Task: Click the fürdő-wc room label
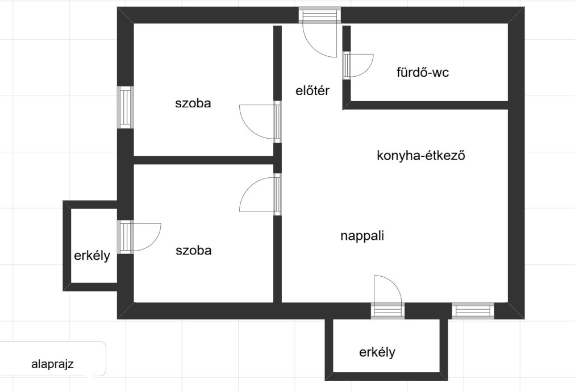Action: pyautogui.click(x=423, y=72)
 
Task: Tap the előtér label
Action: pyautogui.click(x=312, y=90)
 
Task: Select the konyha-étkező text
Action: pyautogui.click(x=421, y=156)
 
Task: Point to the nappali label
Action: pyautogui.click(x=363, y=235)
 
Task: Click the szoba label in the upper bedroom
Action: pyautogui.click(x=193, y=103)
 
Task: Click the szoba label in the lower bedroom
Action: pyautogui.click(x=194, y=250)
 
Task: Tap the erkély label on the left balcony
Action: pyautogui.click(x=92, y=256)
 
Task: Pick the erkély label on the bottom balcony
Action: pyautogui.click(x=377, y=352)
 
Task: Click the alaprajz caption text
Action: pyautogui.click(x=52, y=364)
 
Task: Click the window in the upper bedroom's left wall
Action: pyautogui.click(x=125, y=107)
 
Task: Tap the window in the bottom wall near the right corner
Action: pyautogui.click(x=473, y=311)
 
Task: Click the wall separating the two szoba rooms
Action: pyautogui.click(x=204, y=160)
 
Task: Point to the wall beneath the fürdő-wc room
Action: pyautogui.click(x=426, y=105)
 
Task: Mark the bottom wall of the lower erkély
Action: pyautogui.click(x=386, y=376)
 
